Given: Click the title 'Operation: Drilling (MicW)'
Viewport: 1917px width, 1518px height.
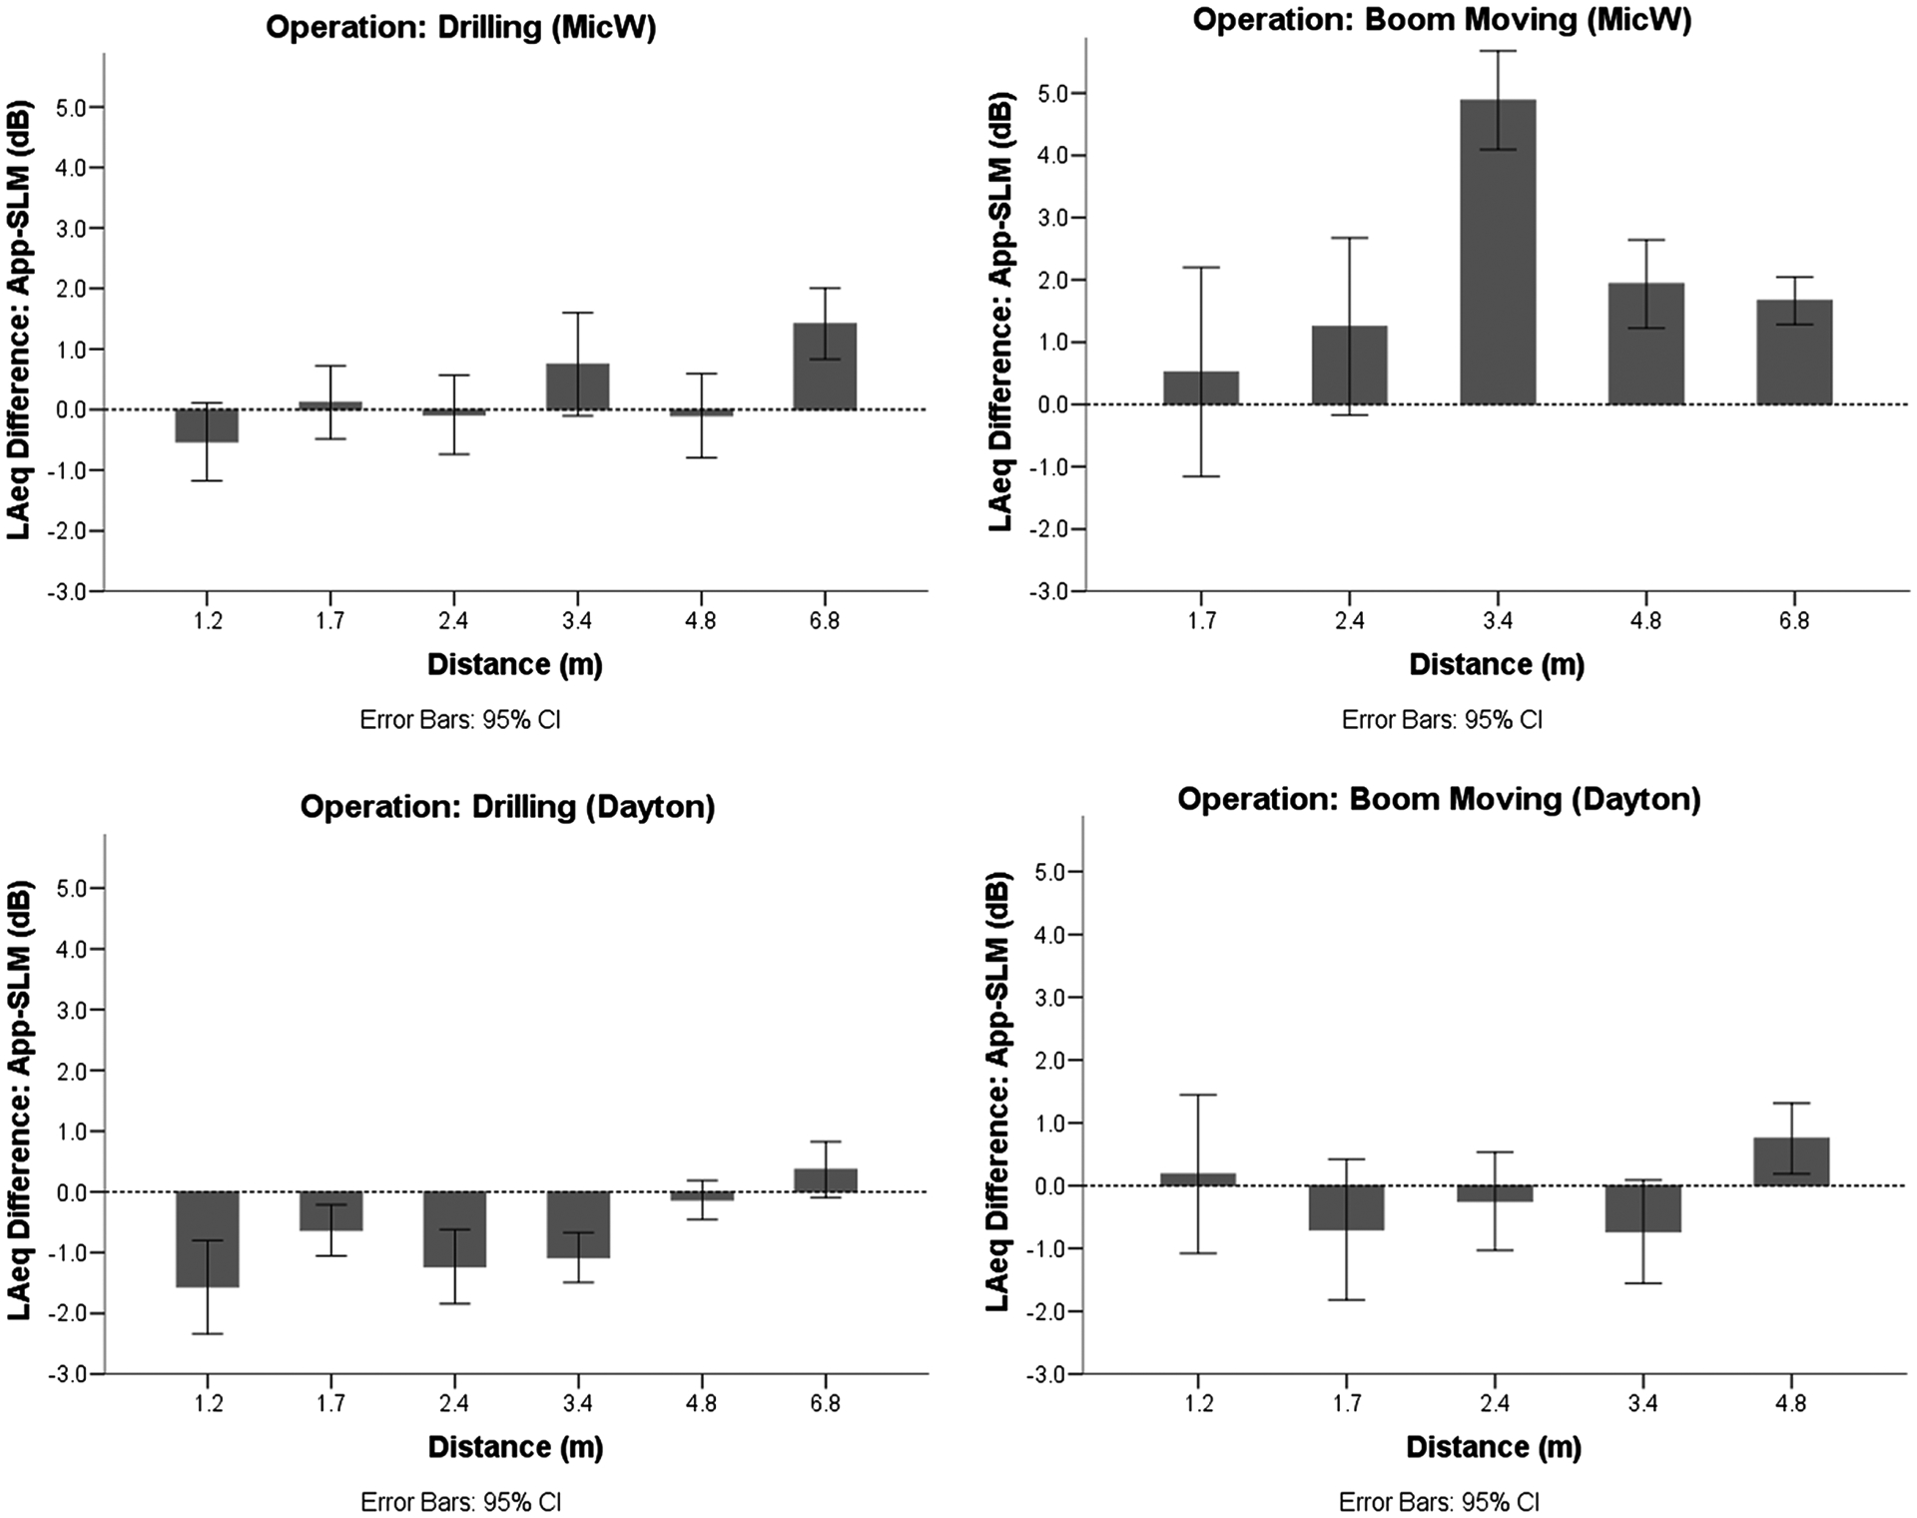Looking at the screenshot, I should point(460,27).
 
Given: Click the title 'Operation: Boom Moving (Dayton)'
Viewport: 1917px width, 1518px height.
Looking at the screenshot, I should point(1439,800).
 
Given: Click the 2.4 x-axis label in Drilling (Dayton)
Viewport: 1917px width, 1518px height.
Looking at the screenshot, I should point(453,1404).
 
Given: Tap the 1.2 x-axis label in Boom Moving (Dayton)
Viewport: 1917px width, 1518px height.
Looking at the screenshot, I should point(1199,1404).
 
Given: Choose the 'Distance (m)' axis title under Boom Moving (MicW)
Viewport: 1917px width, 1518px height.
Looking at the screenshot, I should point(1497,665).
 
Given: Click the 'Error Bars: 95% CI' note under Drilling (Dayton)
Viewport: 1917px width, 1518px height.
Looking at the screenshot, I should point(460,1502).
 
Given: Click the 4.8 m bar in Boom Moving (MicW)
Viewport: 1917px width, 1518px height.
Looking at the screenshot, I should point(1645,344).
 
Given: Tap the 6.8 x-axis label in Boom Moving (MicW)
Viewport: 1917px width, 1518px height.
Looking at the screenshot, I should point(1793,621).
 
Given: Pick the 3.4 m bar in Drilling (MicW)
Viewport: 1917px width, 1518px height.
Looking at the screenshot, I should point(577,386).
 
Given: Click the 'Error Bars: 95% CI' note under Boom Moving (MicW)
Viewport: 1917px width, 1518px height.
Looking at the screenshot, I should point(1442,720).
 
